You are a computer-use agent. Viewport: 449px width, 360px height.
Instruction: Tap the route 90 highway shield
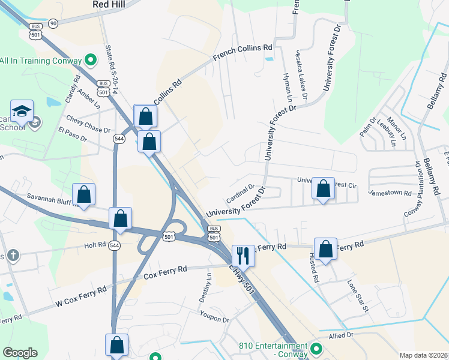(x=53, y=23)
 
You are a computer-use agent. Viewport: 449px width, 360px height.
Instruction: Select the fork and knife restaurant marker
(x=243, y=255)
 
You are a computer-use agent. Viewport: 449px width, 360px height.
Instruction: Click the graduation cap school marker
(x=22, y=111)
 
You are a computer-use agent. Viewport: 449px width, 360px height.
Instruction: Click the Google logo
(x=20, y=353)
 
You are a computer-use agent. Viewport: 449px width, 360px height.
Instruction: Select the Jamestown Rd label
(x=390, y=193)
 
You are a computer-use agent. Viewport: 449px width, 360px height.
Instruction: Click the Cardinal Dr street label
(x=241, y=193)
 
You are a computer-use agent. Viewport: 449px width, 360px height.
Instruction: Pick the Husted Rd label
(x=314, y=271)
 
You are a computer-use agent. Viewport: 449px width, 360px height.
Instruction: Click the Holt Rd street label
(x=95, y=245)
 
